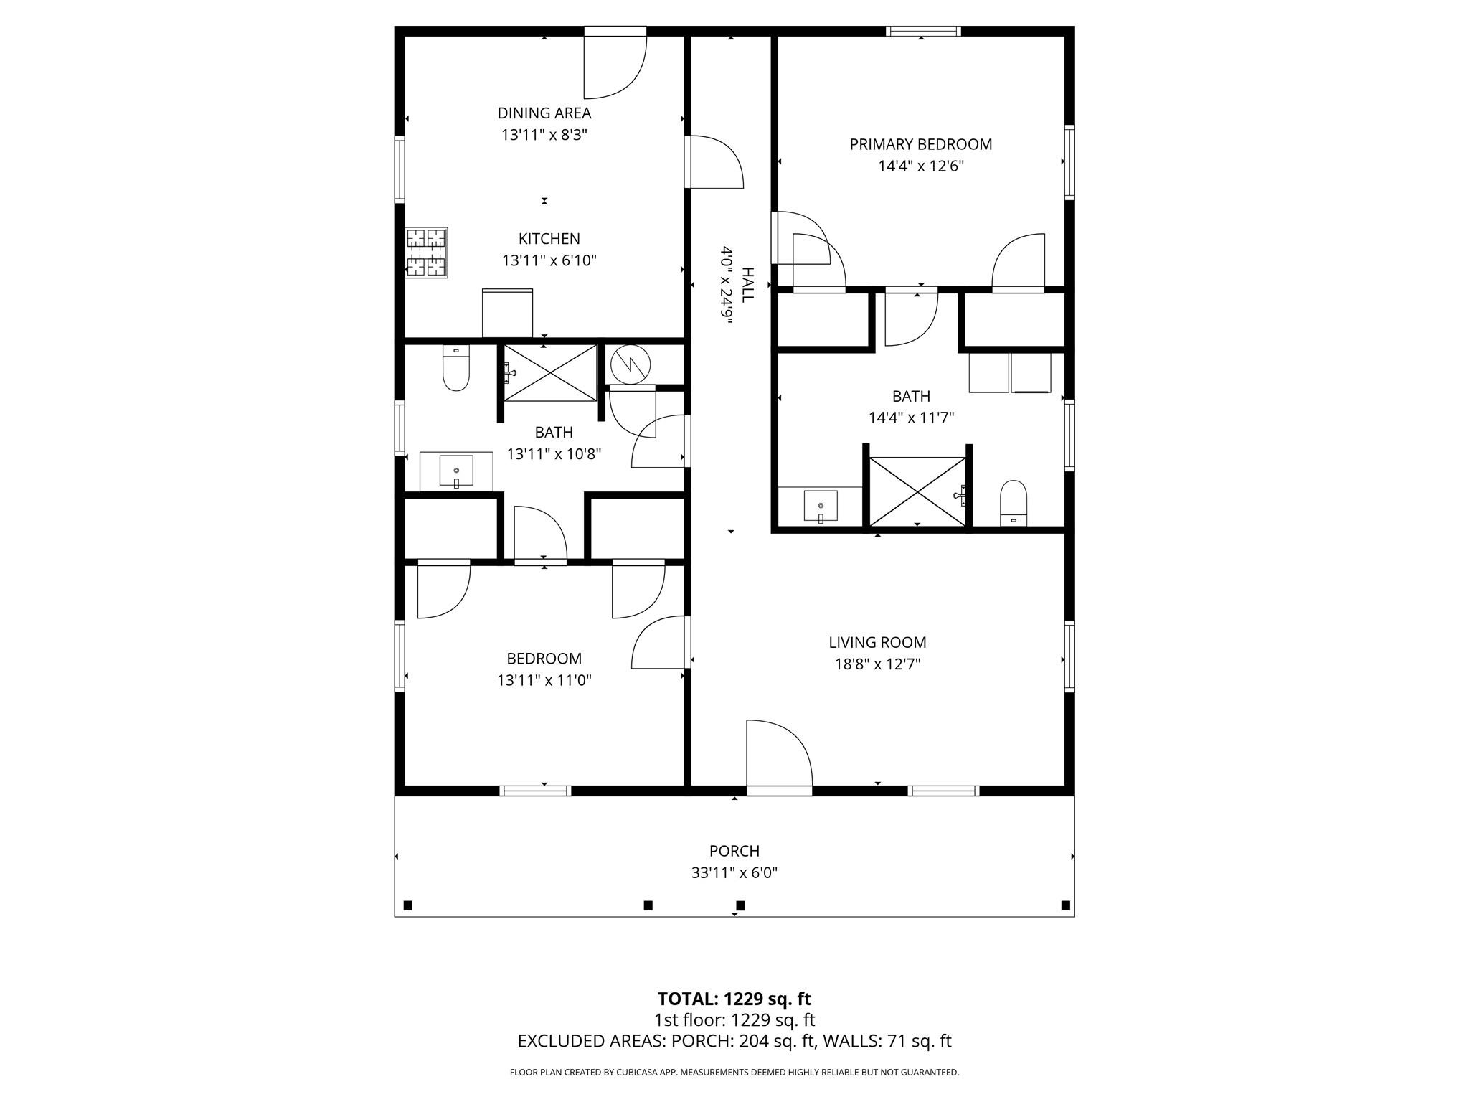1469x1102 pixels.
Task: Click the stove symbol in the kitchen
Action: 427,253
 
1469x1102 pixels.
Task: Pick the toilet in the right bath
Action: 1013,504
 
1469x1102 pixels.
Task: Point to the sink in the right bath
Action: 821,507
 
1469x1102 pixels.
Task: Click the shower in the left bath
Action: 550,373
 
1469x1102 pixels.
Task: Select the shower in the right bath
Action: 918,492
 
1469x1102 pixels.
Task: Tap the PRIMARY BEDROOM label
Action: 920,144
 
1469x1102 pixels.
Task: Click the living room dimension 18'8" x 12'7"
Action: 877,664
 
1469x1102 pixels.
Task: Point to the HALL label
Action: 747,285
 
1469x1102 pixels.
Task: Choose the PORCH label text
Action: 734,851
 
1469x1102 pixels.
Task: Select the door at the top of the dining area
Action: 615,65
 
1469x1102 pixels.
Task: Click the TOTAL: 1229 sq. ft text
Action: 734,999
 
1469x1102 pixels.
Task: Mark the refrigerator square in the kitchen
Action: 507,313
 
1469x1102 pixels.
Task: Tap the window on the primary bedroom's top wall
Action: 922,31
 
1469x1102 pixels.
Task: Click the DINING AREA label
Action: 544,113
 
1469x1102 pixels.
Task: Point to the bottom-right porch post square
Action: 1065,905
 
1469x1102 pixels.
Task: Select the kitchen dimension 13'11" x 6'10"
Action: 549,260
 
